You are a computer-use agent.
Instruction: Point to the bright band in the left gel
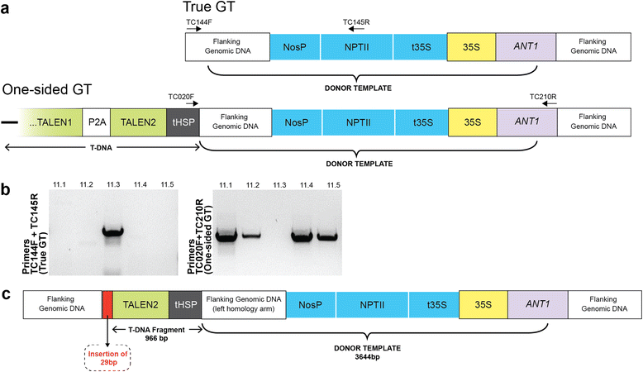[x=117, y=231]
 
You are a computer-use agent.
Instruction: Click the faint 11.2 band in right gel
[x=252, y=236]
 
